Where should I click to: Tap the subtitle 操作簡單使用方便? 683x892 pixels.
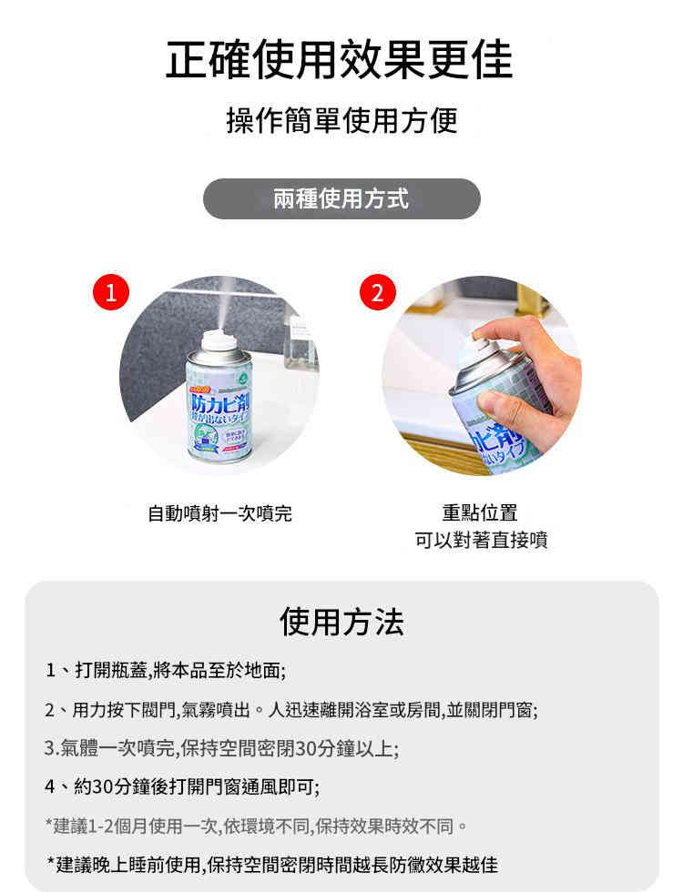[x=341, y=120]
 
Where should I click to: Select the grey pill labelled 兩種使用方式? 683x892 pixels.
[x=341, y=198]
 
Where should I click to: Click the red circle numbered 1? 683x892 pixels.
[x=111, y=293]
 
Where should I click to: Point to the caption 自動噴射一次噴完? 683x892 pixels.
[x=219, y=513]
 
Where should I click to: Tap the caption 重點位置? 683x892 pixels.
[x=480, y=512]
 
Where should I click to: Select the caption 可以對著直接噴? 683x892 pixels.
[x=480, y=541]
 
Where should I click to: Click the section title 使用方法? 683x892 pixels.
[x=341, y=622]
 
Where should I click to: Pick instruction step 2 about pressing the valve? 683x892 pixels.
[x=291, y=710]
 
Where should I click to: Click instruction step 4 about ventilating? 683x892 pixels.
[x=182, y=786]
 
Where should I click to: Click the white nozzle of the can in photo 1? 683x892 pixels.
[x=211, y=340]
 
